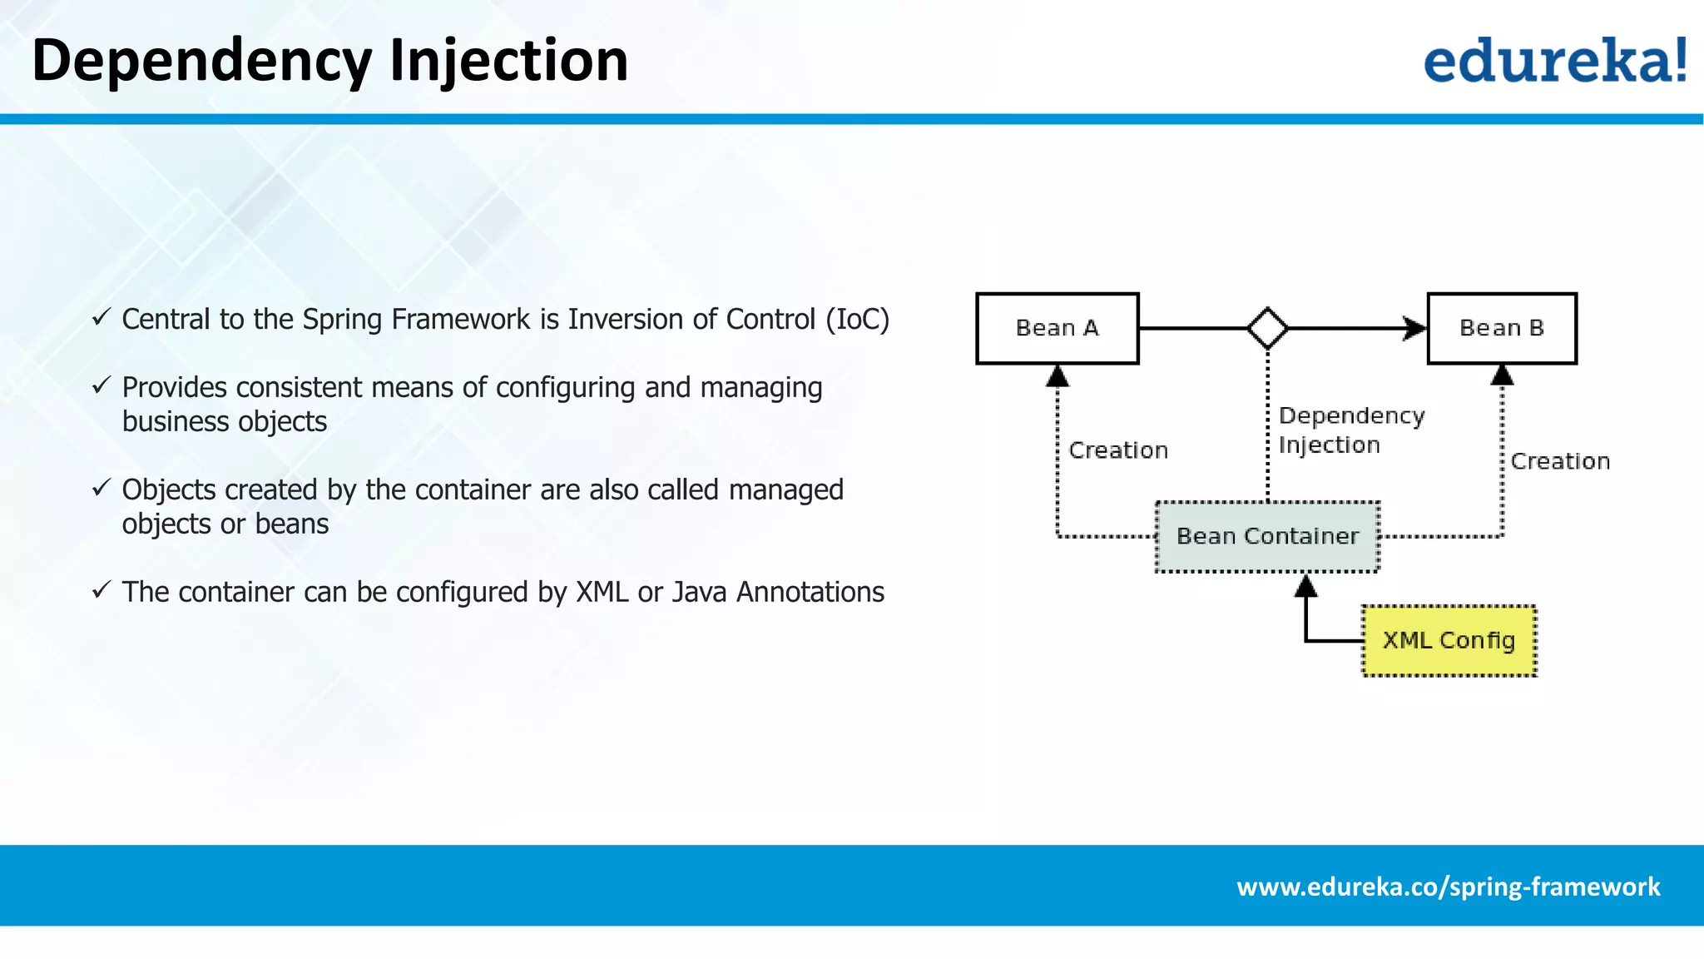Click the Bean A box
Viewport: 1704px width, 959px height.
pos(1057,328)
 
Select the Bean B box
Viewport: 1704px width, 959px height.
pos(1501,328)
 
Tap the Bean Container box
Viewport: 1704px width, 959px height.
pos(1267,536)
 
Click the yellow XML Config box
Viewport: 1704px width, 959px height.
pos(1449,640)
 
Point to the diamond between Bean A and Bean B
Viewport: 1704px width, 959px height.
pos(1267,328)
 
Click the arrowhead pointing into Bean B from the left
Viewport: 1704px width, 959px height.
pos(1414,328)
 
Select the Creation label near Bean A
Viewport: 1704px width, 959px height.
pos(1118,450)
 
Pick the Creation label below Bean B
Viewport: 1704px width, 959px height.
pos(1560,461)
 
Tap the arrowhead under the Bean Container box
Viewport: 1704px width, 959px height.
pos(1305,587)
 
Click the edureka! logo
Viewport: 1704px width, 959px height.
pos(1554,60)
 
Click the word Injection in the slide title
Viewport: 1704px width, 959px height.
pos(508,60)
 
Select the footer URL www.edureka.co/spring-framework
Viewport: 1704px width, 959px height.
pos(1448,887)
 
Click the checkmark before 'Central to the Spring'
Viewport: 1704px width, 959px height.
pos(102,317)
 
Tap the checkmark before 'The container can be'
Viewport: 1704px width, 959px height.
pos(102,590)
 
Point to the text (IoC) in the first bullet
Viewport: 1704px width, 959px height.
pos(857,320)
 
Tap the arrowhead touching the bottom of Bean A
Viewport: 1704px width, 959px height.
pos(1057,376)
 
